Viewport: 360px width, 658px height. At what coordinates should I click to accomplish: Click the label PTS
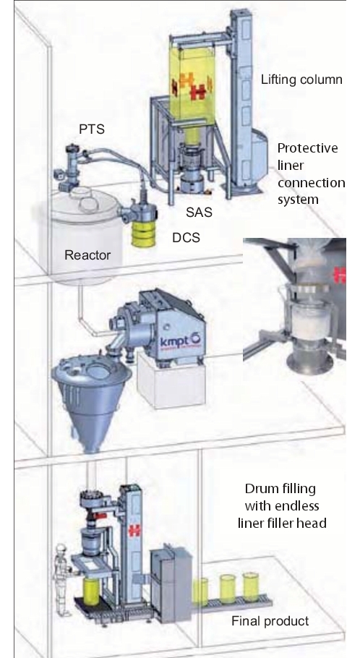coord(92,129)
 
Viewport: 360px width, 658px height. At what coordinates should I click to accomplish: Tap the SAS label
coord(199,213)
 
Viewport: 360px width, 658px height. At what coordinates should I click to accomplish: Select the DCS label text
coord(186,237)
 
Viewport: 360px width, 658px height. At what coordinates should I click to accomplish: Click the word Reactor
coord(87,255)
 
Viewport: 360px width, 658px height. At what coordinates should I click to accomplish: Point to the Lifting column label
coord(301,80)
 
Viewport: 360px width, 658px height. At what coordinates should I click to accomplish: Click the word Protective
coord(307,148)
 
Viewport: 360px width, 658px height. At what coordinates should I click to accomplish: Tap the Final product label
coord(270,621)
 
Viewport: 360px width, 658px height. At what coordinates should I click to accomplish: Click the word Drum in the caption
coord(259,489)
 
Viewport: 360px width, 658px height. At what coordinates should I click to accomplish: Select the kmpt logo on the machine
coord(181,340)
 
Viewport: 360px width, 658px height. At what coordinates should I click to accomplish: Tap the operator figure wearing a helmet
coord(62,579)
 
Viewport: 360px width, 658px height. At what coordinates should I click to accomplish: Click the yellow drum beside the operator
coord(90,591)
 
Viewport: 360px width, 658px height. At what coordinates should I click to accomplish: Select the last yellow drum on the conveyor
coord(251,586)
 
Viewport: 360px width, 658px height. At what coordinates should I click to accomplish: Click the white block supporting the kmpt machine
coord(173,382)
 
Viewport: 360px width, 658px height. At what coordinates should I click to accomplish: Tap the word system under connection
coord(298,200)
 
